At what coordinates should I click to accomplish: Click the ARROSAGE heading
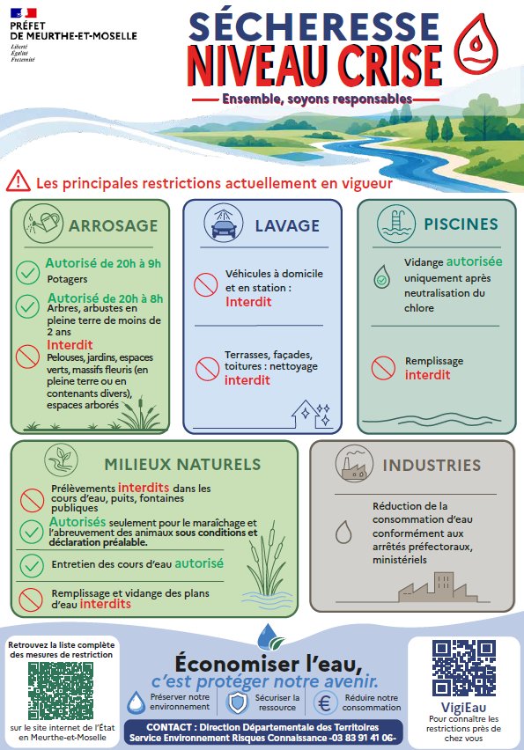pos(114,225)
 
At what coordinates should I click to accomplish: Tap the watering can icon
pos(43,224)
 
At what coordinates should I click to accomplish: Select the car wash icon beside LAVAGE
pos(224,224)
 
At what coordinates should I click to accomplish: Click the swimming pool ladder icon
pos(396,224)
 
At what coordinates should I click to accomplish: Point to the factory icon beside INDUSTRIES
pos(355,465)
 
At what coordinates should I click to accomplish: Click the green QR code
pos(61,691)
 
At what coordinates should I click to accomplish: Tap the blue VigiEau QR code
pos(464,668)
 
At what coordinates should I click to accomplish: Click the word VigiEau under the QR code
pos(463,708)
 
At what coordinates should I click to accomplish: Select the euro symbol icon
pos(325,703)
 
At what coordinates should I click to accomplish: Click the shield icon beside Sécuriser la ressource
pos(237,702)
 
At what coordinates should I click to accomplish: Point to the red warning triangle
pos(18,180)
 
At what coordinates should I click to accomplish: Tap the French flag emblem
pos(24,13)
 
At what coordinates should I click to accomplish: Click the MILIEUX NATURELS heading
pos(183,464)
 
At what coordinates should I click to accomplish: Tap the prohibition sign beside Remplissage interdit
pos(383,368)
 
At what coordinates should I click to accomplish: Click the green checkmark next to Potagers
pos(28,273)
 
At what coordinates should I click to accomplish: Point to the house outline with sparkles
pos(311,415)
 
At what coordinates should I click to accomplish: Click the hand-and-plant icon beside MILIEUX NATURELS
pos(62,460)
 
